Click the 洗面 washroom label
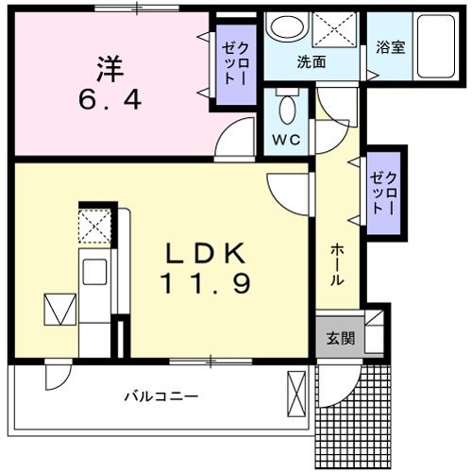pyautogui.click(x=312, y=62)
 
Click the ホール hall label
pyautogui.click(x=337, y=265)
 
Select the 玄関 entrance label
pyautogui.click(x=341, y=338)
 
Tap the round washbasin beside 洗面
pyautogui.click(x=283, y=29)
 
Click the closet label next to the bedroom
pyautogui.click(x=232, y=62)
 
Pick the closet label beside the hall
pyautogui.click(x=384, y=193)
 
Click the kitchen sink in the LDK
pyautogui.click(x=95, y=271)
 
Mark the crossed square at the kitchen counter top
pyautogui.click(x=94, y=227)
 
